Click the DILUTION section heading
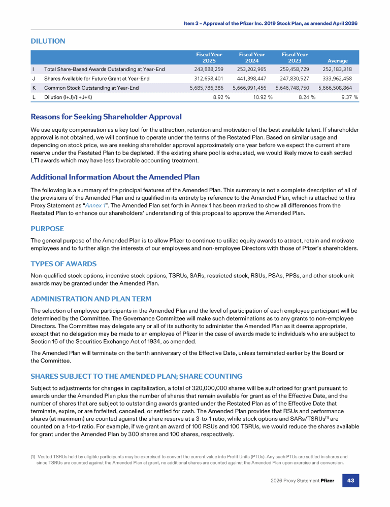pyautogui.click(x=48, y=41)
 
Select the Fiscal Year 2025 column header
pyautogui.click(x=209, y=57)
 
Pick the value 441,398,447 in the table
pyautogui.click(x=252, y=79)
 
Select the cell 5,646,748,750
pyautogui.click(x=295, y=88)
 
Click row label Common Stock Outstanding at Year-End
pyautogui.click(x=91, y=88)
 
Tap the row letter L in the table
pyautogui.click(x=32, y=97)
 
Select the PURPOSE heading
pyautogui.click(x=47, y=229)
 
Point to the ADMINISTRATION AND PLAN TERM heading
pyautogui.click(x=91, y=299)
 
